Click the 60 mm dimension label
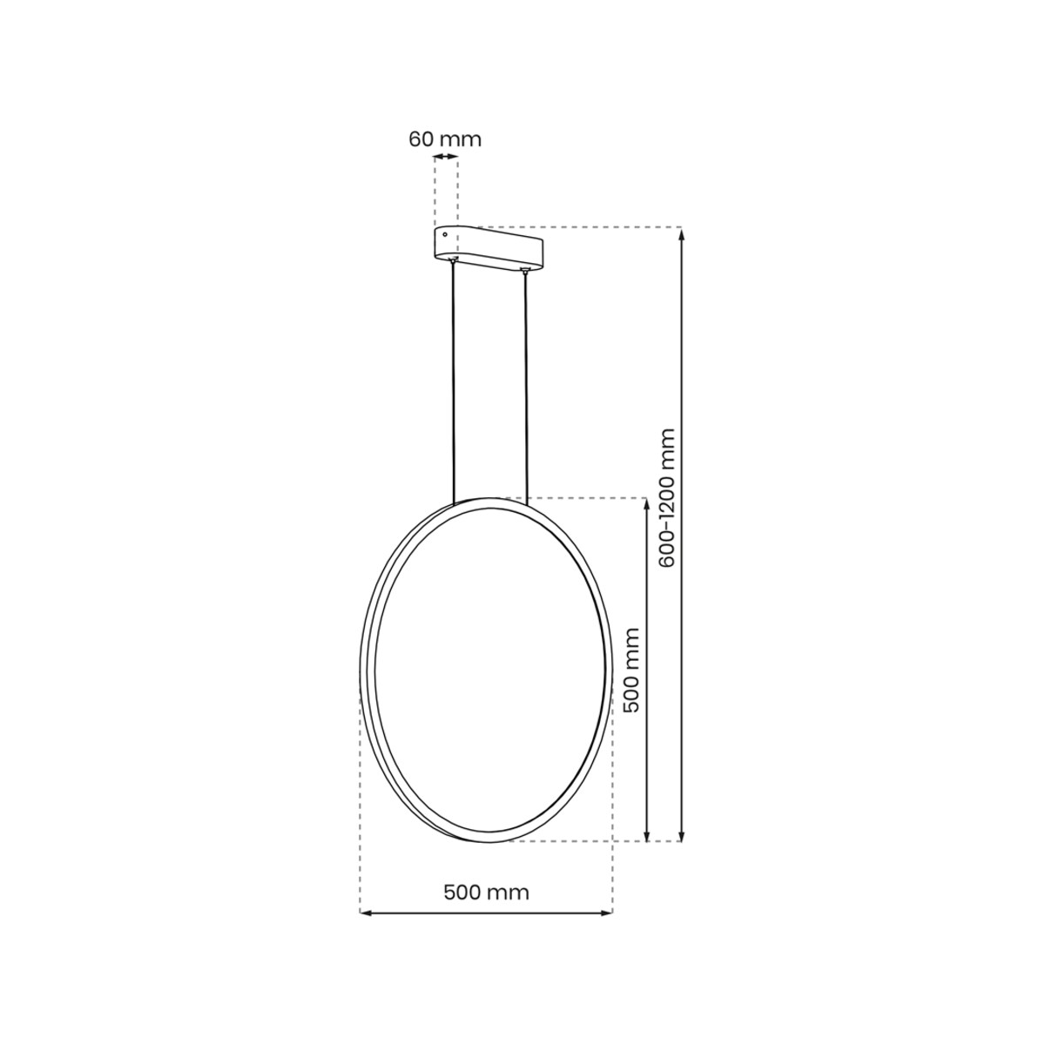(444, 138)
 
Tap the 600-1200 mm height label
(668, 498)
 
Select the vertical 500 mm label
(632, 670)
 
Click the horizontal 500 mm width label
(486, 892)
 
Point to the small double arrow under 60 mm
(445, 157)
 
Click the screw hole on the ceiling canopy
(445, 234)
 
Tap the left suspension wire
(453, 383)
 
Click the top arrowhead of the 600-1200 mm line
(682, 233)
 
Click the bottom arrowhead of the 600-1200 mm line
(682, 836)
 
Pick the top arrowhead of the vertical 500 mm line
(646, 503)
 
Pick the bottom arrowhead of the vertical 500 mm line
(646, 836)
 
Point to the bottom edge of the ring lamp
(484, 840)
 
